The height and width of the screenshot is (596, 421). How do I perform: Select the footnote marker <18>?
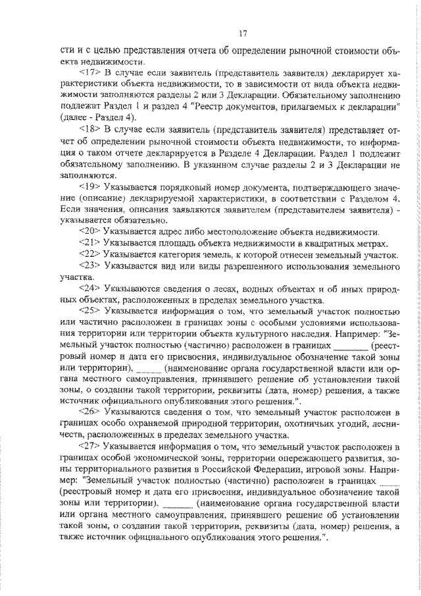coord(89,129)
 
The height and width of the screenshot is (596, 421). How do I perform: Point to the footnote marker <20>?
coord(89,231)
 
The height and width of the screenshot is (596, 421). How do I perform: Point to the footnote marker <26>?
coord(89,410)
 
